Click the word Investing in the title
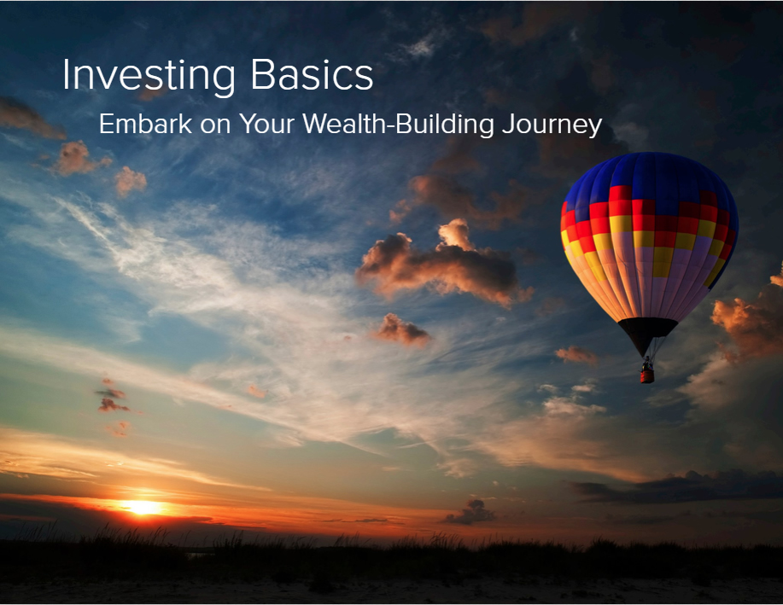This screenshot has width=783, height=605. coord(149,77)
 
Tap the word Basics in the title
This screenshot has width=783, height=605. coord(313,74)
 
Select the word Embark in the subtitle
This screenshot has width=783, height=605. coord(145,123)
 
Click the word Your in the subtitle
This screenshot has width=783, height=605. coord(266,123)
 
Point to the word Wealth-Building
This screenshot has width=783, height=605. coord(398,125)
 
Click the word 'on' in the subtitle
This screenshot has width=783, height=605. coord(215,125)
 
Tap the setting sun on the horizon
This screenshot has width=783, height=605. coord(143,508)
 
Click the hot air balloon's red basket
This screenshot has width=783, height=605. coord(647,375)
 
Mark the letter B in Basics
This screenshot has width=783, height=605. coord(263,75)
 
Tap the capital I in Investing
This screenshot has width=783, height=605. coord(66,75)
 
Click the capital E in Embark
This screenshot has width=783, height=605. coord(106,124)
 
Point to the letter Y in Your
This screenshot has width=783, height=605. coord(248,124)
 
